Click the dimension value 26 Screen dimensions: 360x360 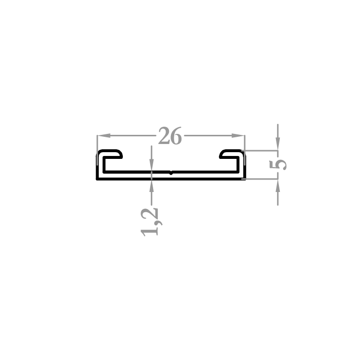170,136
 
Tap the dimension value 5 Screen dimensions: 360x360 278,165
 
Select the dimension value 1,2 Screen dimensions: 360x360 152,222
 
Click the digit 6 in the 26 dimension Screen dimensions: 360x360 176,136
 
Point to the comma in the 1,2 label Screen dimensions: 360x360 159,222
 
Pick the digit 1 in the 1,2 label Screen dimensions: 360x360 149,232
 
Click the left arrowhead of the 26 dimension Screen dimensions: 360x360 104,135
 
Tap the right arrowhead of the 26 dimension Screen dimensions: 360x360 238,135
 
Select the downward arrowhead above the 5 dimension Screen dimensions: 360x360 278,144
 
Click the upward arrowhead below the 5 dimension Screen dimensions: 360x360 278,186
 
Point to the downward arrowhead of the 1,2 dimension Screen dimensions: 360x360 152,165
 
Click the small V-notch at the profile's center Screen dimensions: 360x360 170,173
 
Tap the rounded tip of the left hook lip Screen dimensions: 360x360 121,155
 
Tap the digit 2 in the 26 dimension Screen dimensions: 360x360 164,136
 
